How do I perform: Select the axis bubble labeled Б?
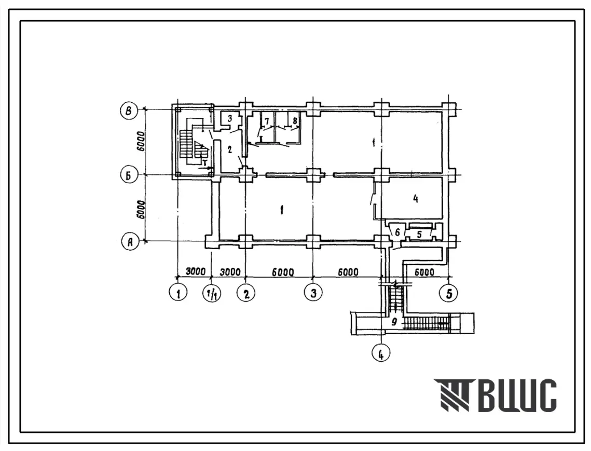tap(129, 175)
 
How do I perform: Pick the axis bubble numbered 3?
tap(313, 293)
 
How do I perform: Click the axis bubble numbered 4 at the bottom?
tap(381, 353)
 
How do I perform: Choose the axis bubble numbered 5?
tap(448, 293)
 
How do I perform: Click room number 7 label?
tap(267, 121)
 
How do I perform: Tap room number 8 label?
tap(295, 121)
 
